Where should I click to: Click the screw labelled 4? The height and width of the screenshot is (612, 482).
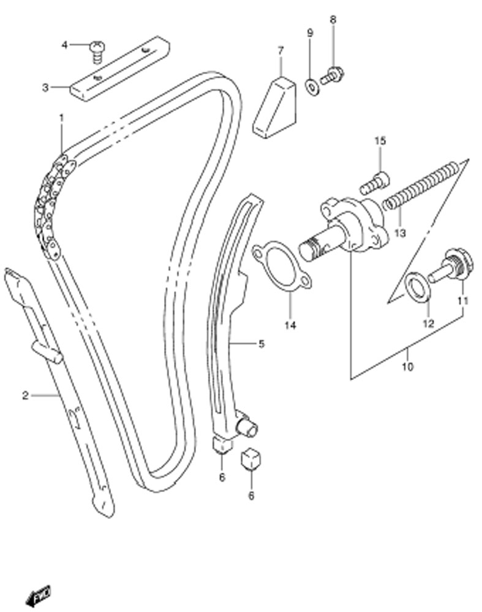click(96, 51)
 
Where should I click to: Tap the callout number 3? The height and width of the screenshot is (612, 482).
click(46, 88)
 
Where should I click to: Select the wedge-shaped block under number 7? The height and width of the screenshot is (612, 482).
click(274, 107)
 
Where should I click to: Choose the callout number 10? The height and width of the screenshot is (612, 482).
click(407, 367)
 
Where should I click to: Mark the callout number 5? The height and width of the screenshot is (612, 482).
click(262, 344)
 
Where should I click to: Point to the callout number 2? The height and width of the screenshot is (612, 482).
click(25, 396)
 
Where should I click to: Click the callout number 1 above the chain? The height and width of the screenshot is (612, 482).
click(61, 118)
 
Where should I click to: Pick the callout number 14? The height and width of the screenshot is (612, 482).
click(290, 325)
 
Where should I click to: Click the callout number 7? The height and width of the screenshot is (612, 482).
click(281, 51)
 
